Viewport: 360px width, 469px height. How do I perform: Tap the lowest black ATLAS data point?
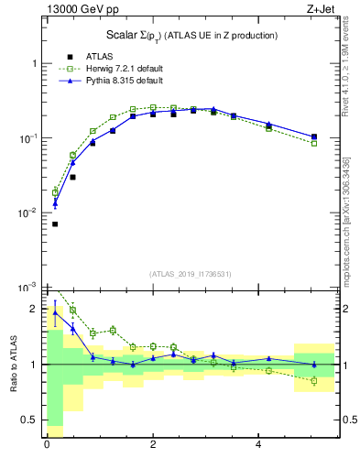pos(55,224)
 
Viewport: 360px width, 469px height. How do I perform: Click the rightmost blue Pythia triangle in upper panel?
pos(314,136)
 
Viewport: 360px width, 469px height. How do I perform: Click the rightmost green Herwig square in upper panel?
pos(314,143)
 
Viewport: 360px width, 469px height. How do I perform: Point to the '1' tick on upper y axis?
pos(35,63)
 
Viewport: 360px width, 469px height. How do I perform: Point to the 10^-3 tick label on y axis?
pos(27,288)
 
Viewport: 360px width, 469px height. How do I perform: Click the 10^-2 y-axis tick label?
pos(27,213)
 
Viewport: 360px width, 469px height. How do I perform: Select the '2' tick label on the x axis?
pos(153,444)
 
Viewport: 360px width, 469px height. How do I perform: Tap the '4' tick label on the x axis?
pos(259,444)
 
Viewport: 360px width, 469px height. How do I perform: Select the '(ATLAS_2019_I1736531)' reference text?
pos(190,274)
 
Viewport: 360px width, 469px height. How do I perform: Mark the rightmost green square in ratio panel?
pos(314,380)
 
